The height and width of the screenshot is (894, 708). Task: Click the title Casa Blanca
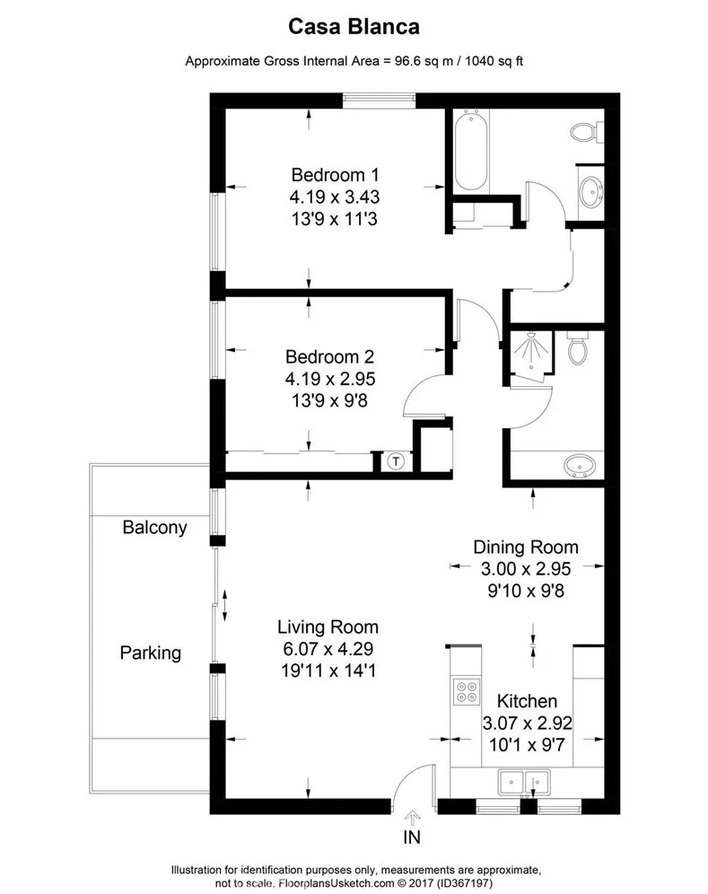pyautogui.click(x=354, y=28)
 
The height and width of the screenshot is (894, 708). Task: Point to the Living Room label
pyautogui.click(x=328, y=627)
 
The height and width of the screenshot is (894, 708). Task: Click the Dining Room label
pyautogui.click(x=526, y=547)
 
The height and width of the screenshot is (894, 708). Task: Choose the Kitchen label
pyautogui.click(x=528, y=701)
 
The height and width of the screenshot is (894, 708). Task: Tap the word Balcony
pyautogui.click(x=155, y=527)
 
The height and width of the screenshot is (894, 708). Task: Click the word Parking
pyautogui.click(x=150, y=653)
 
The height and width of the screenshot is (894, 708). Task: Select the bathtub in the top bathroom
pyautogui.click(x=470, y=150)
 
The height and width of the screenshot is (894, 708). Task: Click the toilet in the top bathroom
pyautogui.click(x=585, y=132)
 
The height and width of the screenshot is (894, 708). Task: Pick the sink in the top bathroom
pyautogui.click(x=590, y=191)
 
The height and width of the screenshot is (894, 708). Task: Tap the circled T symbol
pyautogui.click(x=397, y=461)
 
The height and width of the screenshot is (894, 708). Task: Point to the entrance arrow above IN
pyautogui.click(x=412, y=817)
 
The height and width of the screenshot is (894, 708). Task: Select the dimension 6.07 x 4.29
pyautogui.click(x=328, y=647)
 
